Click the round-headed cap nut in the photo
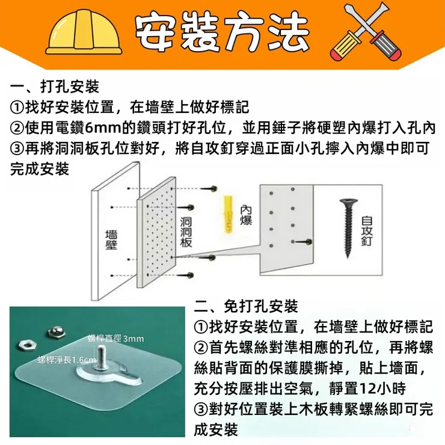[55, 333]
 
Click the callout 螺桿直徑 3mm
[116, 339]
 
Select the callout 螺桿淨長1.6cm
[67, 360]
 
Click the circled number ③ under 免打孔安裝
[201, 410]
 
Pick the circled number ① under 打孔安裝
[17, 108]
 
